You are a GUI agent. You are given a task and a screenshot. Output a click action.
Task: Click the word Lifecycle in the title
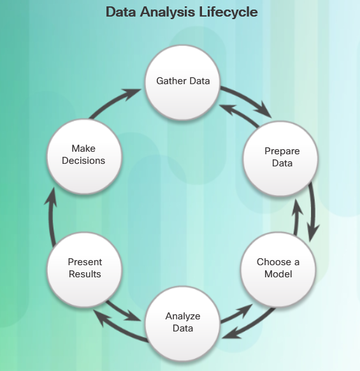coord(228,12)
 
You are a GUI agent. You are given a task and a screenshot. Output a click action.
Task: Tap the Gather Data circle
coord(183,83)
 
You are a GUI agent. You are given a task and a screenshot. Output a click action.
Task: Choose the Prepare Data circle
coord(281,159)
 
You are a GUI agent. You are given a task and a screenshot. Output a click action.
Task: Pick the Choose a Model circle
coord(278,270)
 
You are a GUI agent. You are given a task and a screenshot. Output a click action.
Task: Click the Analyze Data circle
coord(183,324)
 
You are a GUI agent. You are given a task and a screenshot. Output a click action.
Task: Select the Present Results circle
coord(85,270)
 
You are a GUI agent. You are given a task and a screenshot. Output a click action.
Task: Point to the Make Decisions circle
coord(85,156)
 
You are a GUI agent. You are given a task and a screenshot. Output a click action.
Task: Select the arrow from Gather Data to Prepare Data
coord(248,99)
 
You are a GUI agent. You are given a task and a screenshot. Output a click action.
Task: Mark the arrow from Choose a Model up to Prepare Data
coord(296,217)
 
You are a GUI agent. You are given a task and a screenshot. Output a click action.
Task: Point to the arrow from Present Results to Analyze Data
coord(123,312)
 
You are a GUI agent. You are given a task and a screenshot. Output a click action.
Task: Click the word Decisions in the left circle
coord(83,161)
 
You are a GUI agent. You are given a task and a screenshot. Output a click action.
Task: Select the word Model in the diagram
coord(278,274)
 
